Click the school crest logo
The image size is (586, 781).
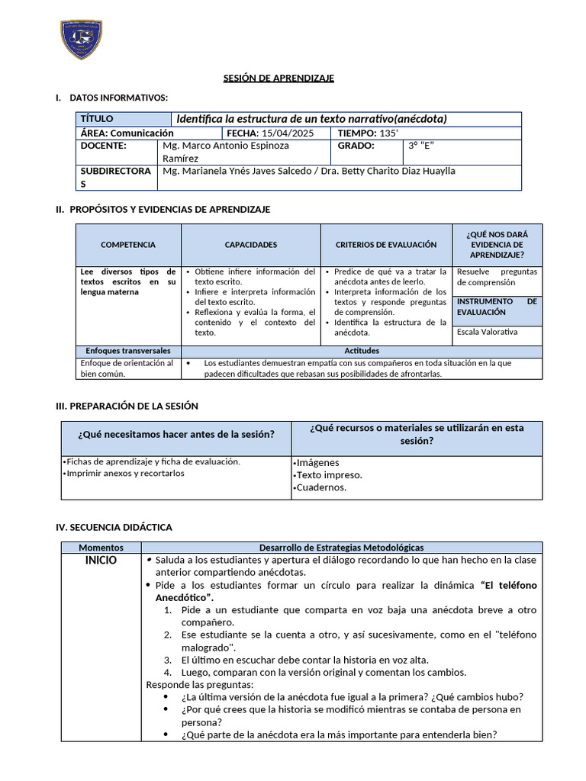[x=81, y=40]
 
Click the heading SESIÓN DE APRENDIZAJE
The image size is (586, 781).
[x=279, y=78]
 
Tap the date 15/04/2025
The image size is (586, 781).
[x=276, y=133]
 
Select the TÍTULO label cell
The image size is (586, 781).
[x=124, y=119]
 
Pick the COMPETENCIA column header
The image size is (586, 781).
[x=128, y=245]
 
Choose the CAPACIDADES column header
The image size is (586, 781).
[x=250, y=245]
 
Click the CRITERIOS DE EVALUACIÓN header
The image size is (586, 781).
[x=386, y=245]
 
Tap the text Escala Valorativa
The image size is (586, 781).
[x=487, y=332]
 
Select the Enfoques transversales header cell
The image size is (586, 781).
[x=128, y=351]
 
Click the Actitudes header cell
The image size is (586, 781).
[x=362, y=351]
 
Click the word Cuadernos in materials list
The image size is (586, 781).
[x=320, y=487]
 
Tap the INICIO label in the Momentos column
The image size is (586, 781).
[x=101, y=561]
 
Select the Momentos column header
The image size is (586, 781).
[x=101, y=548]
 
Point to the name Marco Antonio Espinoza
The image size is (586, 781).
[x=226, y=146]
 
